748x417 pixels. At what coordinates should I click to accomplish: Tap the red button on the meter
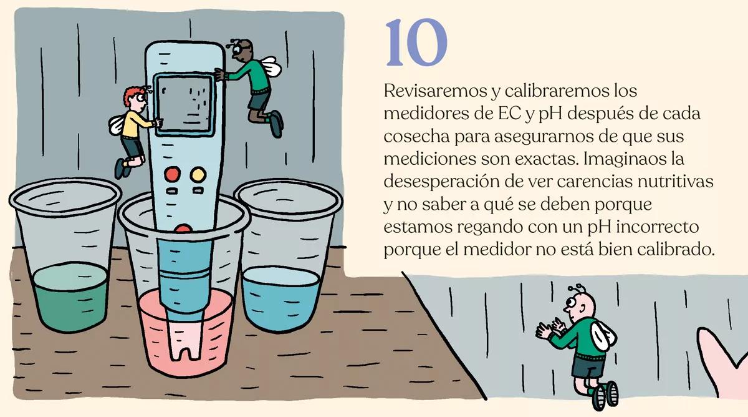point(171,174)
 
